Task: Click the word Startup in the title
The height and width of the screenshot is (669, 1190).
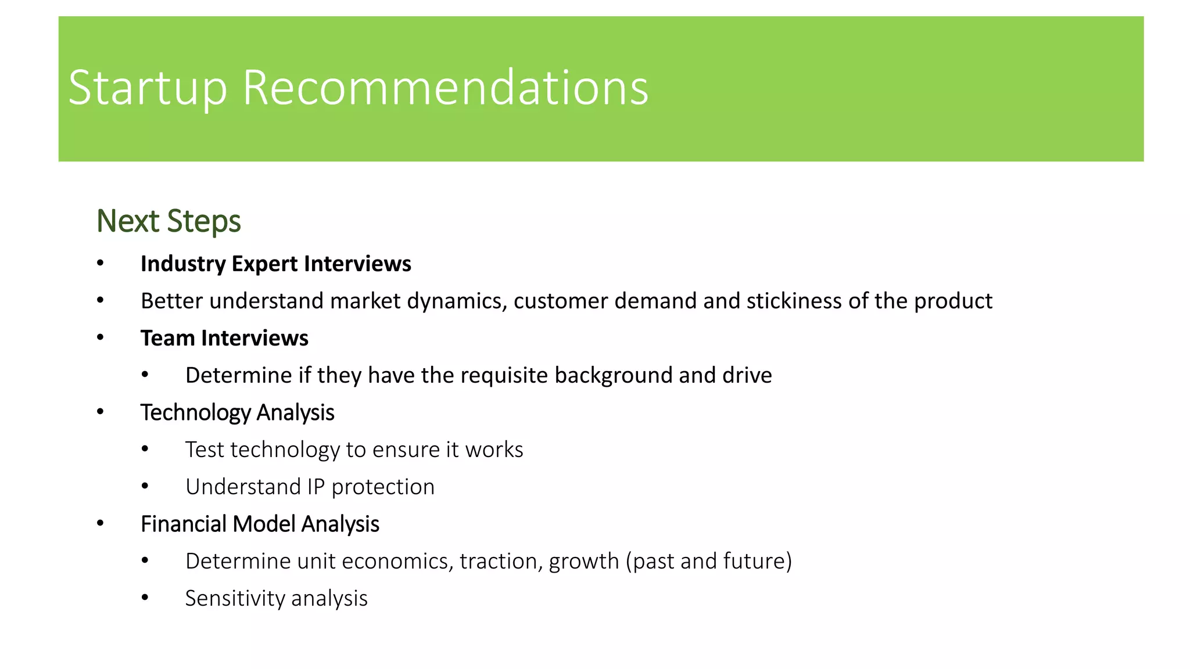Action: [x=148, y=88]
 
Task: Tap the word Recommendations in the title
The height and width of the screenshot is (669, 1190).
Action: [x=445, y=88]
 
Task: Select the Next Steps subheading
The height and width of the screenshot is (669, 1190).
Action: [x=169, y=221]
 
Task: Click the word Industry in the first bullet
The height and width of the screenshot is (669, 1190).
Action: [x=183, y=264]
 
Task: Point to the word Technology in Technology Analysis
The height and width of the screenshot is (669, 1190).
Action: [x=195, y=413]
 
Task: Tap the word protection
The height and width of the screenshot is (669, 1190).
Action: [x=383, y=487]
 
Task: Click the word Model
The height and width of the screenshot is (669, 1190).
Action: [x=264, y=524]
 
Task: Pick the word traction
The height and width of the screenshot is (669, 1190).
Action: [x=500, y=562]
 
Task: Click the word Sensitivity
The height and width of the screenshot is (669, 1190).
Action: [x=235, y=599]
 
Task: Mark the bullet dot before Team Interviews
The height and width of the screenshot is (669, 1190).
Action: [x=101, y=338]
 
